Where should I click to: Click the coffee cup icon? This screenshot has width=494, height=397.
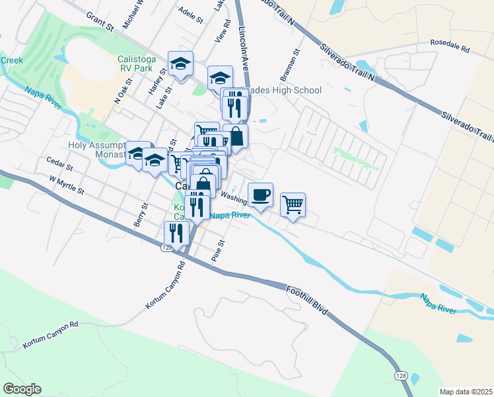260,195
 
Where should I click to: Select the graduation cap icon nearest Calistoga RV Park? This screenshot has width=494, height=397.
180,64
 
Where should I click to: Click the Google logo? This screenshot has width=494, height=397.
22,389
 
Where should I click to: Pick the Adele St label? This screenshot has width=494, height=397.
191,16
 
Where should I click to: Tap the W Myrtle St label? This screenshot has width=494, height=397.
67,185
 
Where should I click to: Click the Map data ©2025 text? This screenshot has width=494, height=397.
466,392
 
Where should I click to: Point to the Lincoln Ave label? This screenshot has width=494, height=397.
248,50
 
